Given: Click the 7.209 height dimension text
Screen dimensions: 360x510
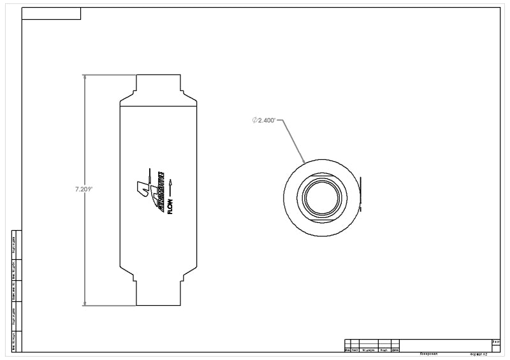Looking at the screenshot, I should pos(84,189).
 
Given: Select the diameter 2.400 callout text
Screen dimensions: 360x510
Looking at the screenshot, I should pos(265,120).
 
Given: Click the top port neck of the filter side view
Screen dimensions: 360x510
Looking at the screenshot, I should pos(158,84).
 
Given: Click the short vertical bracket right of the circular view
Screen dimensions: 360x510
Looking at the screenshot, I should pos(360,194).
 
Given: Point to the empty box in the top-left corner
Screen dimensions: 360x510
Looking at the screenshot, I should pos(51,13).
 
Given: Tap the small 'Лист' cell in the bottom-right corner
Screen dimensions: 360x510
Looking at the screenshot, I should pos(496,342).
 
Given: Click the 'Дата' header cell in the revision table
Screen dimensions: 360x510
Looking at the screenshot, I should pos(395,350).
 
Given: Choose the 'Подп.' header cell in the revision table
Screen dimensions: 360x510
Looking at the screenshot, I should pos(384,350).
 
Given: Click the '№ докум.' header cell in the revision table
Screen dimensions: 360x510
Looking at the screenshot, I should pos(368,350).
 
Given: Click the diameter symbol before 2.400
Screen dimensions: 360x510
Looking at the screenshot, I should pos(254,120).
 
